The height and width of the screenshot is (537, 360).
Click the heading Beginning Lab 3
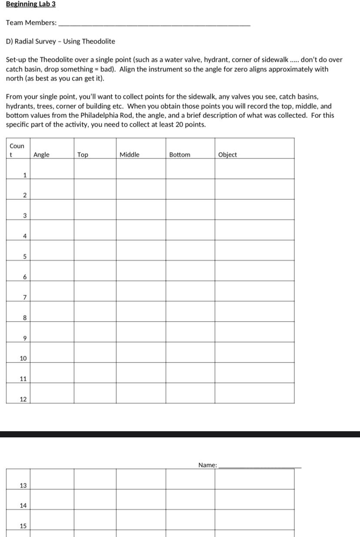coord(31,4)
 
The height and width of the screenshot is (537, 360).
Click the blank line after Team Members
coord(154,24)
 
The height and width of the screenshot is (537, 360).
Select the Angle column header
coord(41,154)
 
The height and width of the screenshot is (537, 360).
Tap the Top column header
coord(83,154)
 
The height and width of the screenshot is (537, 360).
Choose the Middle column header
coord(130,154)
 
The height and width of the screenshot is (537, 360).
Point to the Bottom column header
coord(180,154)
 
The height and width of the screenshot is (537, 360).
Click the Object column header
coord(227,154)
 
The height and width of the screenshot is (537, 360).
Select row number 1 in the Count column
coord(25,175)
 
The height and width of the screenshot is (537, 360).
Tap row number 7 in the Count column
coord(25,298)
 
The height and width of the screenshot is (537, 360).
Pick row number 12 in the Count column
coord(23,399)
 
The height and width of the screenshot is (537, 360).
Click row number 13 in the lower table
coord(23,485)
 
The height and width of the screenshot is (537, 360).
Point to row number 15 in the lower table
coord(23,526)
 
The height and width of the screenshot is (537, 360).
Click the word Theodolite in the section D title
coord(99,41)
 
